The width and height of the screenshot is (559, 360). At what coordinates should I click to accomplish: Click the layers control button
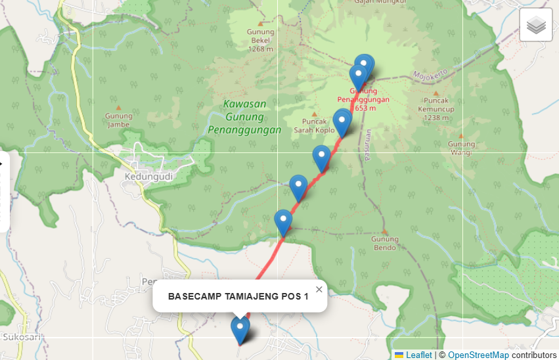(535, 25)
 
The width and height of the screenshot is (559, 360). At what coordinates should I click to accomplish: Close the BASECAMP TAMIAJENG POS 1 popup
(319, 290)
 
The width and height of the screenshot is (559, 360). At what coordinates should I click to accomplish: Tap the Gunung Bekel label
(260, 40)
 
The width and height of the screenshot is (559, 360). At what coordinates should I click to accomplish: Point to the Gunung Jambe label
(118, 120)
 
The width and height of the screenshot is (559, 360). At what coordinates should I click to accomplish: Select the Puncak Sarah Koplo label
(314, 125)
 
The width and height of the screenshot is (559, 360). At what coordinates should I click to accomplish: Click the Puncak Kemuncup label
(436, 109)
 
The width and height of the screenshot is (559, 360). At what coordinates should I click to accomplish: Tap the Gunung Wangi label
(461, 148)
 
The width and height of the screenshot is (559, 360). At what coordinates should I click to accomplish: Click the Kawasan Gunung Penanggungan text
(244, 117)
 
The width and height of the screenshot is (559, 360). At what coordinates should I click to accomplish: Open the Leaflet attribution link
(418, 355)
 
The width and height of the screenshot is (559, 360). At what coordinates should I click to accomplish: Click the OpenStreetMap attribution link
(478, 355)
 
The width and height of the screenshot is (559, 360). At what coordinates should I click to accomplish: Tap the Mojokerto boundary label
(430, 73)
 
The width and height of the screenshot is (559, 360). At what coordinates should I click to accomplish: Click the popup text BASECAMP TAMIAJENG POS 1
(238, 296)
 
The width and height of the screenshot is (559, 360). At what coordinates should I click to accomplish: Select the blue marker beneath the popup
(240, 329)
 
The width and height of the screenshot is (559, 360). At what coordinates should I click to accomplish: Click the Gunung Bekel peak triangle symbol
(261, 24)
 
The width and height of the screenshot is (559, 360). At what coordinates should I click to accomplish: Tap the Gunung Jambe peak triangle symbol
(118, 108)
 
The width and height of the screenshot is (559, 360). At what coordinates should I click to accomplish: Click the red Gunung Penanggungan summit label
(363, 99)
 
